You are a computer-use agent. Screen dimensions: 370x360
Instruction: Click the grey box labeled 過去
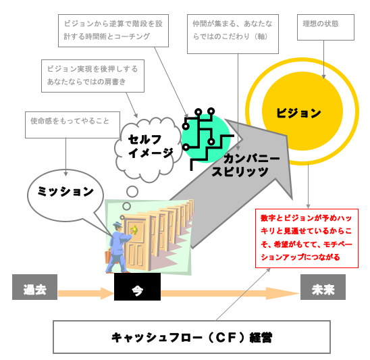[x=34, y=287]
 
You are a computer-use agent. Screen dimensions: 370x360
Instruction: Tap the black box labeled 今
[x=137, y=286]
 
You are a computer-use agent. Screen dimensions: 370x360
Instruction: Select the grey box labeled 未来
[x=323, y=287]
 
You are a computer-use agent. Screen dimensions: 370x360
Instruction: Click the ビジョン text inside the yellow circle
[x=298, y=113]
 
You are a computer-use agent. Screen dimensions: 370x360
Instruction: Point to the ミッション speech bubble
[x=65, y=195]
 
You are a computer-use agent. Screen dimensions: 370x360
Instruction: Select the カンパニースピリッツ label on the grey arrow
[x=245, y=165]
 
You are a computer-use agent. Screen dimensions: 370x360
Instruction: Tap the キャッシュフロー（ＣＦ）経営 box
[x=192, y=337]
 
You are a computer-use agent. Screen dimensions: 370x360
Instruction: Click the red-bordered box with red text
[x=307, y=238]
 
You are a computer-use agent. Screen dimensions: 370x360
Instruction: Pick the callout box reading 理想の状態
[x=325, y=27]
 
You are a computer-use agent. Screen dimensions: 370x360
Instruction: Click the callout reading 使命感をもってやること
[x=72, y=125]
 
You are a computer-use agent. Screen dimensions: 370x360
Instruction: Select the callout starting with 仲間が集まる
[x=233, y=34]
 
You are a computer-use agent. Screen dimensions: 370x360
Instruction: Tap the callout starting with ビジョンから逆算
[x=113, y=30]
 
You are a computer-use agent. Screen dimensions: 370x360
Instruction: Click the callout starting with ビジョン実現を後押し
[x=92, y=76]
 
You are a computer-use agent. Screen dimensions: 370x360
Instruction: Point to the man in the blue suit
[x=118, y=248]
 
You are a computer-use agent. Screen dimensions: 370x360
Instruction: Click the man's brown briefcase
[x=109, y=256]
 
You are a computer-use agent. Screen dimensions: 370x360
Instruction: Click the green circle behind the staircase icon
[x=206, y=138]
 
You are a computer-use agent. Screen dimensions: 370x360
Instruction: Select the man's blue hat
[x=117, y=224]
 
